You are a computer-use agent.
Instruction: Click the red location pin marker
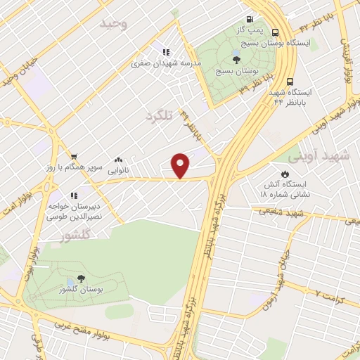(x=181, y=165)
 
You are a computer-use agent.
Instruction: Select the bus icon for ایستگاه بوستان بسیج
(x=275, y=32)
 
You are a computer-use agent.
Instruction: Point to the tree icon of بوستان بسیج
(x=236, y=60)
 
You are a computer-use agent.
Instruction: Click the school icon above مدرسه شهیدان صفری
(x=167, y=52)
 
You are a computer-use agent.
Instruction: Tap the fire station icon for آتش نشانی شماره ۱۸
(x=285, y=174)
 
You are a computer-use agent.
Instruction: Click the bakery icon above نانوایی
(x=117, y=160)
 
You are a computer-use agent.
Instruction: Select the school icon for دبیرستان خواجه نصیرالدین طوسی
(x=72, y=195)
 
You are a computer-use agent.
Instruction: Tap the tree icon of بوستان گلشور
(x=80, y=278)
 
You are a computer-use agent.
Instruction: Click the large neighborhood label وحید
(x=113, y=24)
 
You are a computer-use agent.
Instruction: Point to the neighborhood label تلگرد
(x=158, y=114)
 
